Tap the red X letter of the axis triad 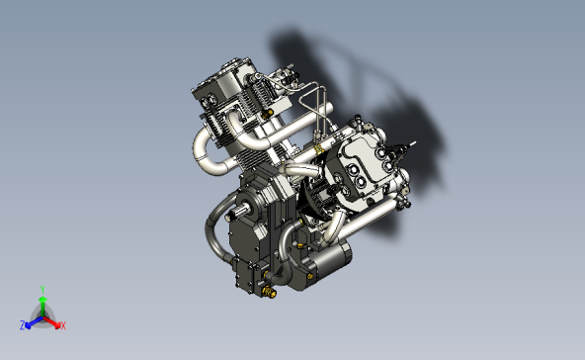62,325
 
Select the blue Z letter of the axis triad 23,324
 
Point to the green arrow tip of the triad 42,298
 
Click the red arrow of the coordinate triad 53,321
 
